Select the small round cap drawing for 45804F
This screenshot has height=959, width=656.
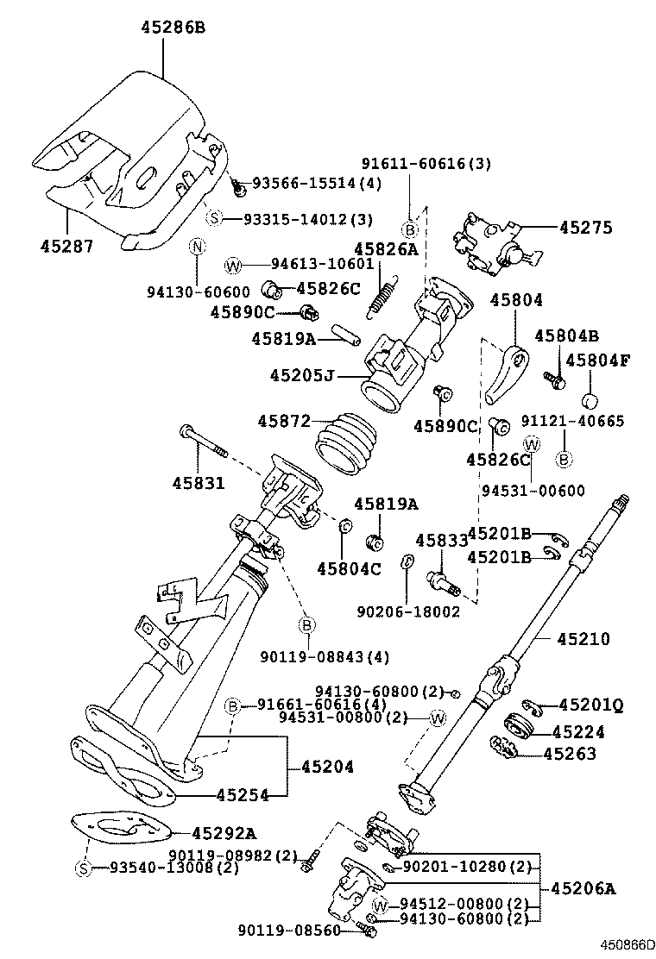point(590,401)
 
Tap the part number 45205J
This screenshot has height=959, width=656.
point(302,375)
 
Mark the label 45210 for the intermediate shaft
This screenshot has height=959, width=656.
point(583,639)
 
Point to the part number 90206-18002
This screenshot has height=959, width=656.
point(407,611)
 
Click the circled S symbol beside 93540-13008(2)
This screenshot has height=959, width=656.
point(84,868)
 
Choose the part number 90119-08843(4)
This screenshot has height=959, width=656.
point(325,657)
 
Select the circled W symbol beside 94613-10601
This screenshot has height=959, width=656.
point(232,265)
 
